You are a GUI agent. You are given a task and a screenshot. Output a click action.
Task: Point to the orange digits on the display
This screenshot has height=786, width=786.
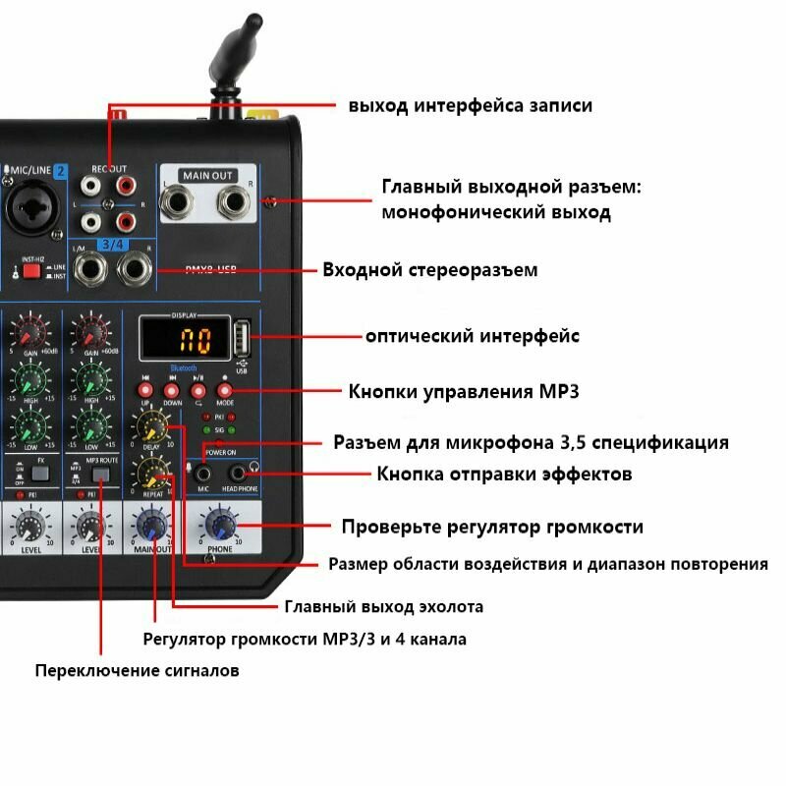(x=193, y=342)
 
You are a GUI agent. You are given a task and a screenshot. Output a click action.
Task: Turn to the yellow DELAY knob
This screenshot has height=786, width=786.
(x=151, y=425)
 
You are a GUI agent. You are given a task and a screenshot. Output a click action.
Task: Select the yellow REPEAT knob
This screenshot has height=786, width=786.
(x=151, y=476)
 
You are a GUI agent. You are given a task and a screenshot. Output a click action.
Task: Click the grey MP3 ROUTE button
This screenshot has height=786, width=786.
(x=99, y=476)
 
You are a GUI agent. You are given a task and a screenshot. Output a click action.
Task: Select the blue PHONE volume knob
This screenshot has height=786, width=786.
(x=220, y=526)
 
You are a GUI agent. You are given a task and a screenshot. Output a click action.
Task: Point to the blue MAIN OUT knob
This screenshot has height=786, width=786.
(x=151, y=526)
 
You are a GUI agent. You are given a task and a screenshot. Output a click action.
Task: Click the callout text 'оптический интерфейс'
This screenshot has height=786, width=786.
(x=473, y=336)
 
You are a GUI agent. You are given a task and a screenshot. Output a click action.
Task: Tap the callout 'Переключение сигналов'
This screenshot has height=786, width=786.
(x=137, y=671)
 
